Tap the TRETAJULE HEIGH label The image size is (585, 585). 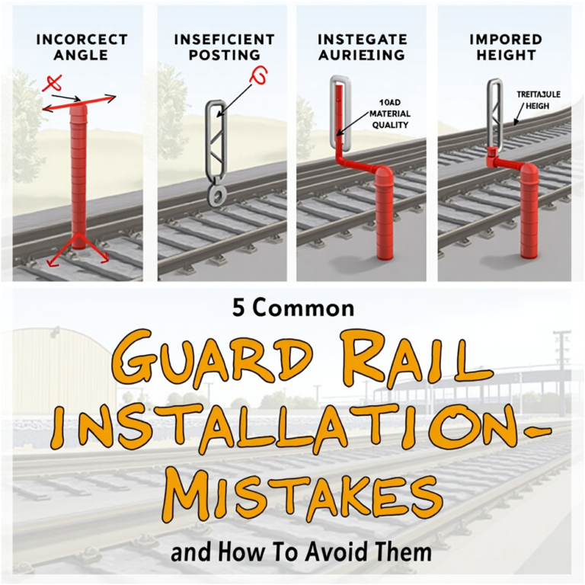tap(538, 100)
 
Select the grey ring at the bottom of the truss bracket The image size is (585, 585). tap(216, 197)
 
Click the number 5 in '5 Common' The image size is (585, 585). tap(238, 308)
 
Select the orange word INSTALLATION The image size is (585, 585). tap(289, 435)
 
